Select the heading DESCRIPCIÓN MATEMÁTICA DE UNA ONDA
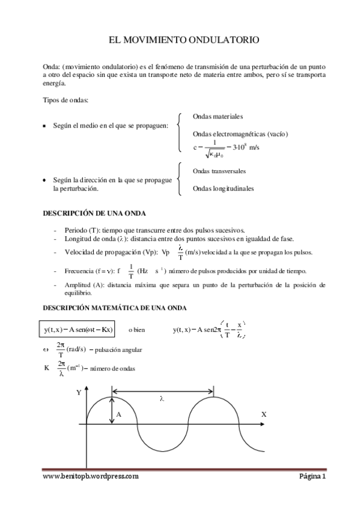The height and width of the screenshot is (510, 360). click(114, 308)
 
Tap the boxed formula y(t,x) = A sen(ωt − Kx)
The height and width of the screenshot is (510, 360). click(79, 330)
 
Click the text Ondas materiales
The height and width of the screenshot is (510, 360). click(218, 116)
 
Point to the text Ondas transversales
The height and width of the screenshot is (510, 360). click(219, 171)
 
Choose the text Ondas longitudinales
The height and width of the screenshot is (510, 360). click(223, 188)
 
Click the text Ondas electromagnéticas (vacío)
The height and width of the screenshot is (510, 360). click(232, 134)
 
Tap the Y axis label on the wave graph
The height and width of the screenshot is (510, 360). click(79, 392)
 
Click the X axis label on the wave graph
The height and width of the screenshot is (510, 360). click(264, 415)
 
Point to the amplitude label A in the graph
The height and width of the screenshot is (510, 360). click(118, 415)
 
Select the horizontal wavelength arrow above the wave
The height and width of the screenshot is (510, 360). click(162, 392)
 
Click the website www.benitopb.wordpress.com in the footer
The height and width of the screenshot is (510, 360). click(91, 476)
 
